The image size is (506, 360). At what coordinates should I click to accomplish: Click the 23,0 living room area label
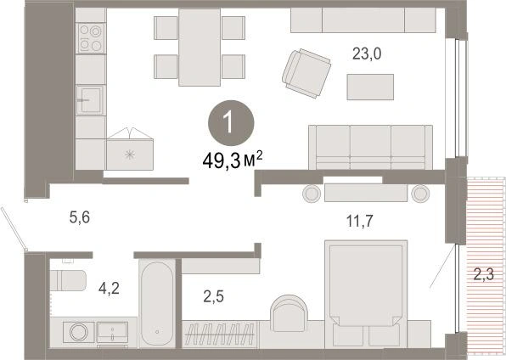(367, 54)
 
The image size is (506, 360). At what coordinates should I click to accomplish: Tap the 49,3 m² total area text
(233, 160)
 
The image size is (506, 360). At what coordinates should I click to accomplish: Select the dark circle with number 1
(231, 123)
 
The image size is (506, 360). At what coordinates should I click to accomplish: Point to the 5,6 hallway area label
(80, 217)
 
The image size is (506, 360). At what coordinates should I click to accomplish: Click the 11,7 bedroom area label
(359, 222)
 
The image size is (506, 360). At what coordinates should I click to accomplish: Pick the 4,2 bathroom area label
(109, 288)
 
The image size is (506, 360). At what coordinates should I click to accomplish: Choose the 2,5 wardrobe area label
(214, 296)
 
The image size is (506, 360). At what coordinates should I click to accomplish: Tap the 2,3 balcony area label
(484, 275)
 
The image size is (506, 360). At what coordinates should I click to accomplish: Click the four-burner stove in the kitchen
(91, 38)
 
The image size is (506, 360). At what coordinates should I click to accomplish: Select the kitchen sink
(90, 100)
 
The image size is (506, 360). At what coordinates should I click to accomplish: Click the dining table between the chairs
(200, 48)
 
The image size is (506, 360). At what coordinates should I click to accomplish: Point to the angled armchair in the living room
(306, 73)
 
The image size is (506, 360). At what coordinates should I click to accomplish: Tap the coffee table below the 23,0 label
(370, 87)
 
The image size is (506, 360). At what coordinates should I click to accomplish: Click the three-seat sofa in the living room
(370, 147)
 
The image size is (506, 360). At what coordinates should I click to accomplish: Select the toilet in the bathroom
(68, 280)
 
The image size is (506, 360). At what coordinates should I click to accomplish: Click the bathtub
(157, 303)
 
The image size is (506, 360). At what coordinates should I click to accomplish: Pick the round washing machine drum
(79, 332)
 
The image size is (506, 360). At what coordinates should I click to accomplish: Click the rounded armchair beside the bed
(289, 313)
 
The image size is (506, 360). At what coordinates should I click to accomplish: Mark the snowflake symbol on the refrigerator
(130, 155)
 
